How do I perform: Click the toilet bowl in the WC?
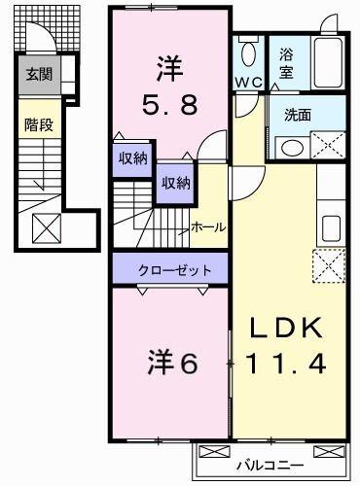[247, 53]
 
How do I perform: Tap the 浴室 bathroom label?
[288, 62]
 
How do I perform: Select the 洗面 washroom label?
[298, 115]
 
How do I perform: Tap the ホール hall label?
[209, 227]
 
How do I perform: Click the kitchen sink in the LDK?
[330, 227]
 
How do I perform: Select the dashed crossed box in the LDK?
[327, 264]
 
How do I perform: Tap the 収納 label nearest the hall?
[175, 181]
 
